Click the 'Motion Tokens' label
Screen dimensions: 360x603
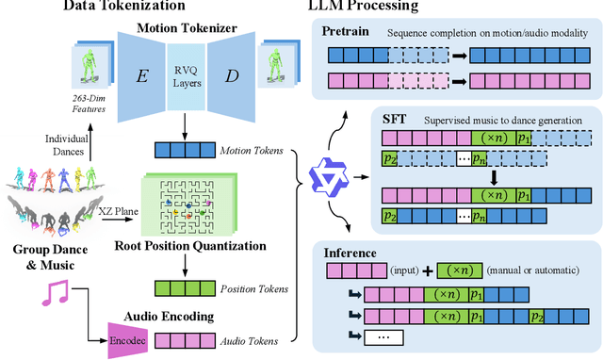(x=243, y=149)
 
